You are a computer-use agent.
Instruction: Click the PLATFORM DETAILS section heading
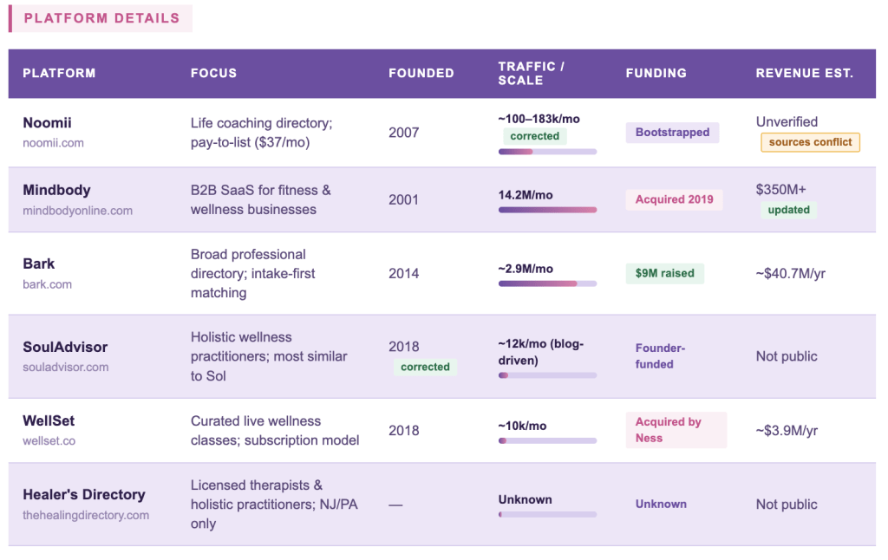(x=101, y=18)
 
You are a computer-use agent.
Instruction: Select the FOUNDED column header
(x=421, y=73)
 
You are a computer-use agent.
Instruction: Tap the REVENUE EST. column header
(x=804, y=73)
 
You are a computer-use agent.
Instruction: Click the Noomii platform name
(x=47, y=123)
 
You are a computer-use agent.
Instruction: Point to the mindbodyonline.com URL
(x=77, y=211)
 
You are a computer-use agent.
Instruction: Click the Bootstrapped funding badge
(x=672, y=133)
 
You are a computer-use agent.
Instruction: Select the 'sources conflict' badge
(x=810, y=142)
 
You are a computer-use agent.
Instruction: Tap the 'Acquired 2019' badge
(x=674, y=199)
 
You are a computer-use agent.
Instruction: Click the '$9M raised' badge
(x=664, y=273)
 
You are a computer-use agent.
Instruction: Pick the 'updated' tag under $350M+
(x=788, y=210)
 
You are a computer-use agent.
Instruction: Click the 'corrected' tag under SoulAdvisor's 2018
(x=425, y=367)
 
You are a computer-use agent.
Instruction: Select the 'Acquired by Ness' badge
(x=675, y=430)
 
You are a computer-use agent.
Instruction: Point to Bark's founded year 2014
(x=403, y=273)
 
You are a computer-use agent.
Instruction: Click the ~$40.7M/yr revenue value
(x=790, y=273)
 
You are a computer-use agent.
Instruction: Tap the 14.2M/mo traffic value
(x=526, y=195)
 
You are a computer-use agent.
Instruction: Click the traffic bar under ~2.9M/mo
(x=547, y=283)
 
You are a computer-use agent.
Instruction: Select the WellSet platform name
(x=49, y=420)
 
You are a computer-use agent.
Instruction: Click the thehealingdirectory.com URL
(x=86, y=515)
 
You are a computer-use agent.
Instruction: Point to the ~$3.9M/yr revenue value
(x=787, y=430)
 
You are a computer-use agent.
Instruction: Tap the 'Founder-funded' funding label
(x=660, y=356)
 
